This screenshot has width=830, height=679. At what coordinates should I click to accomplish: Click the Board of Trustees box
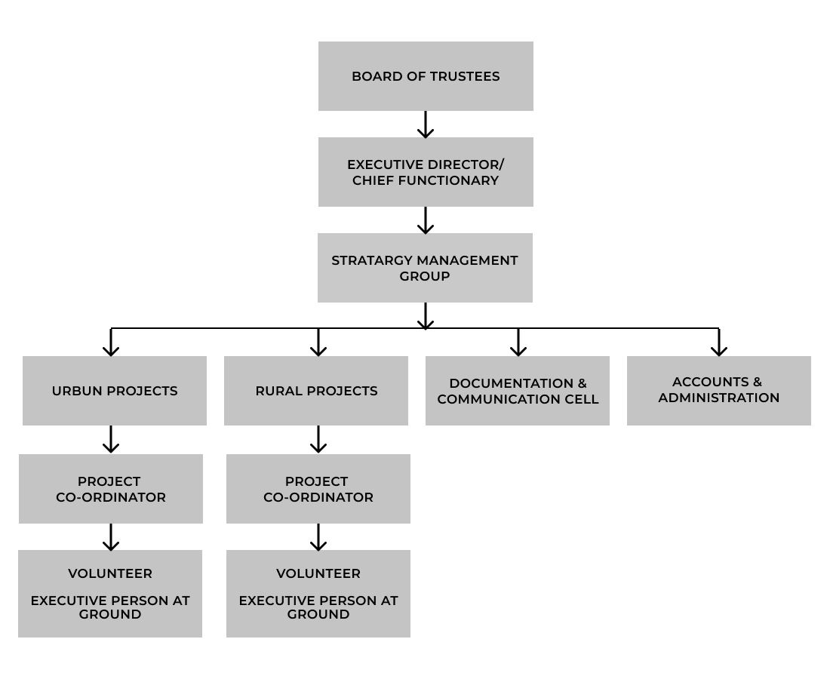tap(426, 76)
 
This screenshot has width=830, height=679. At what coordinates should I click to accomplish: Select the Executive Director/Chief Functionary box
tap(426, 172)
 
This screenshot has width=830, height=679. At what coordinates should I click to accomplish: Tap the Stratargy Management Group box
tap(425, 268)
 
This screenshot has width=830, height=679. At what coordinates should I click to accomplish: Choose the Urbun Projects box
tap(115, 391)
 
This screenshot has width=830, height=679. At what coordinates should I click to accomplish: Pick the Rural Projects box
tap(316, 391)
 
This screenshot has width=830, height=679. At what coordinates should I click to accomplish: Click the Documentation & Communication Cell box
tap(518, 391)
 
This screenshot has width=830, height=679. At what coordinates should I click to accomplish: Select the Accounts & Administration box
tap(719, 391)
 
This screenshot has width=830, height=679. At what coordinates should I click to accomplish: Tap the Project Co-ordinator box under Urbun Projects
tap(111, 489)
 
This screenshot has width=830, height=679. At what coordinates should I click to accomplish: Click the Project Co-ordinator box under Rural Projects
tap(318, 489)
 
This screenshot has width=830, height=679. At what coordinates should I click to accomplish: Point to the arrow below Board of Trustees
tap(426, 124)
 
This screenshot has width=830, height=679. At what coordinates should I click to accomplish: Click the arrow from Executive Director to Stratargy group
tap(426, 220)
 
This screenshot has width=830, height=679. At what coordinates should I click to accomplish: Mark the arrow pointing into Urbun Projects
tap(111, 343)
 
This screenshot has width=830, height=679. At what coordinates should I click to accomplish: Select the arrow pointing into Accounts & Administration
tap(719, 343)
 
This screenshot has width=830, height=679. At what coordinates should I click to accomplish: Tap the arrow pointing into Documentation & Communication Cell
tap(518, 343)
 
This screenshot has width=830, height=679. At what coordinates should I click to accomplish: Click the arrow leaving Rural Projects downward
tap(318, 440)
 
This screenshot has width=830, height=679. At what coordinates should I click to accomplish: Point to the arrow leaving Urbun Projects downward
tap(111, 440)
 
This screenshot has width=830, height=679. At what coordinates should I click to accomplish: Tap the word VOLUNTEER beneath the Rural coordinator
tap(318, 573)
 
